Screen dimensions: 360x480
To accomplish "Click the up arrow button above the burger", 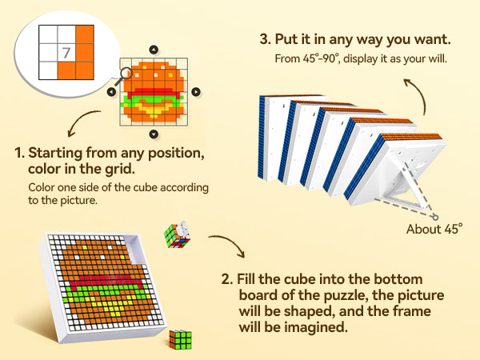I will [x=152, y=50].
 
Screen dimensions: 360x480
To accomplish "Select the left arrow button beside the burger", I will [x=110, y=92].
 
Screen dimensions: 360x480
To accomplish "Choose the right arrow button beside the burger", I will [x=195, y=92].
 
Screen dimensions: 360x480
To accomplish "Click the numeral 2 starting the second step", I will [x=226, y=279].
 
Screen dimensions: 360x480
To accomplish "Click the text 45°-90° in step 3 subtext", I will [x=314, y=58].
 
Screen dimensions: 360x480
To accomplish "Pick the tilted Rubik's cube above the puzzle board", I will [x=178, y=235].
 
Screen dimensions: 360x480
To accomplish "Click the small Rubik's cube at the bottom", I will [x=182, y=338].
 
